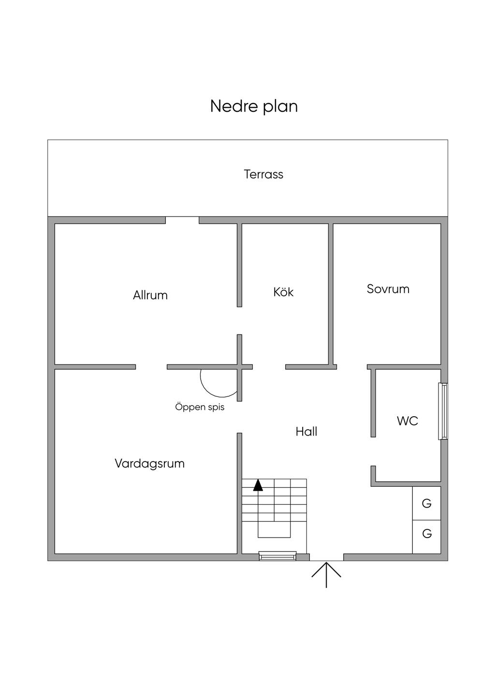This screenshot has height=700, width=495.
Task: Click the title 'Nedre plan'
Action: point(254,106)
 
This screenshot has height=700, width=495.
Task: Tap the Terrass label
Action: point(263,175)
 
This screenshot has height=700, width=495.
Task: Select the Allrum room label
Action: point(150,295)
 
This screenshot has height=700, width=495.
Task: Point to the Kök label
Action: point(283,292)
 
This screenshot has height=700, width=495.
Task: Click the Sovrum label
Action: point(388,289)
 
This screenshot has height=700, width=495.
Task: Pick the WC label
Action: point(408,421)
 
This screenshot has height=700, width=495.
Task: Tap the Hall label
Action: point(306,432)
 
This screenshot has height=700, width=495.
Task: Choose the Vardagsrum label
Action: point(150,464)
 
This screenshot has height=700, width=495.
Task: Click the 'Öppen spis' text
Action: point(200,407)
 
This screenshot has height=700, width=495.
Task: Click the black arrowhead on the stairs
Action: point(258,485)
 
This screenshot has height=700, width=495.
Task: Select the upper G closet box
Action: point(426,503)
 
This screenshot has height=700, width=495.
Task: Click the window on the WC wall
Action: point(443,411)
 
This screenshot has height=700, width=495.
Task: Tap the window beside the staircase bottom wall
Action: point(277,556)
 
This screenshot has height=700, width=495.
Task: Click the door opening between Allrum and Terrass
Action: point(182,220)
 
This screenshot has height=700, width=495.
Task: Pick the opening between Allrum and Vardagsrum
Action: point(151,367)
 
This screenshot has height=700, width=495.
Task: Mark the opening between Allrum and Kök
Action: point(239,321)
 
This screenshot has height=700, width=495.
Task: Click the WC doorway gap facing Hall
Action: point(373,452)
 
